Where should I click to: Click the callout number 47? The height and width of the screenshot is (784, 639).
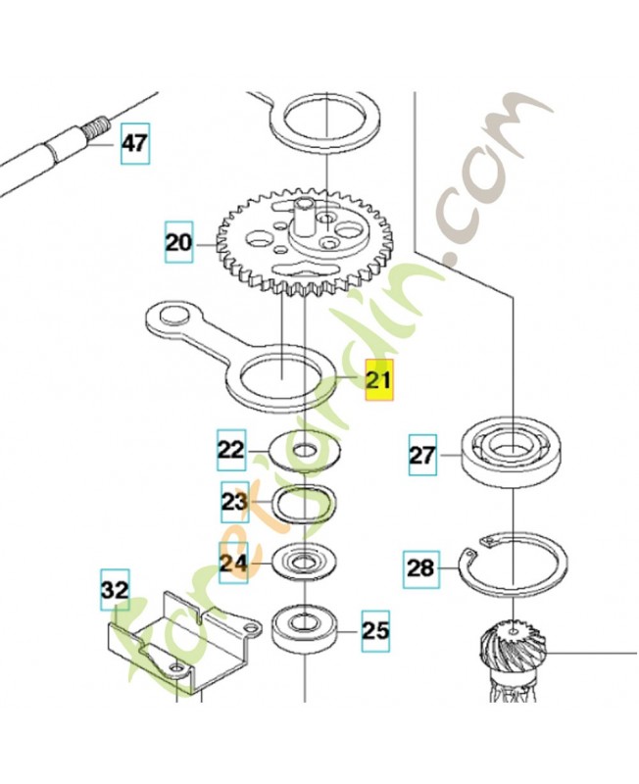(134, 145)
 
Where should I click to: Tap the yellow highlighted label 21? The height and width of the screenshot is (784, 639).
(378, 382)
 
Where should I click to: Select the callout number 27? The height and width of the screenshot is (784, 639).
(421, 456)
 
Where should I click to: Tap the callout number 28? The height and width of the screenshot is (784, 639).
(419, 568)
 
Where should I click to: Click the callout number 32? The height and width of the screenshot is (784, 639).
(115, 590)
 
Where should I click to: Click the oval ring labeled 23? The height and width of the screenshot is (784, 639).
(303, 505)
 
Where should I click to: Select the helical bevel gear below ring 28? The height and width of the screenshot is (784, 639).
(514, 652)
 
